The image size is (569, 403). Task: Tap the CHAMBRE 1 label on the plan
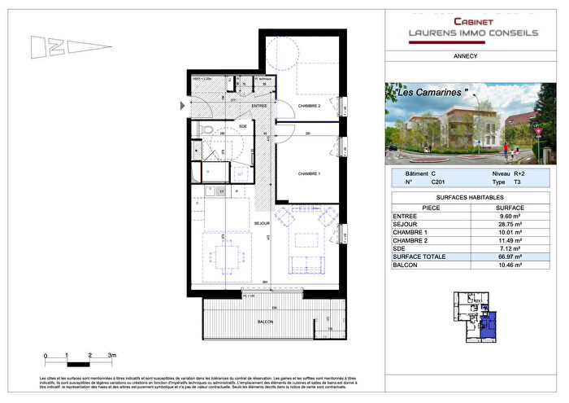309,173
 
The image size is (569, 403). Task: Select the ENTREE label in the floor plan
259,107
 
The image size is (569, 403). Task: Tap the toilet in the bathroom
208,129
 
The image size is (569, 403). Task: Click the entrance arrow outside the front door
182,104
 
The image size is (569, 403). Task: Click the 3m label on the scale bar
113,356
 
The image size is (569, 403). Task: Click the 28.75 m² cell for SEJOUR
508,222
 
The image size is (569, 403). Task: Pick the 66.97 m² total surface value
508,256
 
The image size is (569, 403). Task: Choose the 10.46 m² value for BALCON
508,265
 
